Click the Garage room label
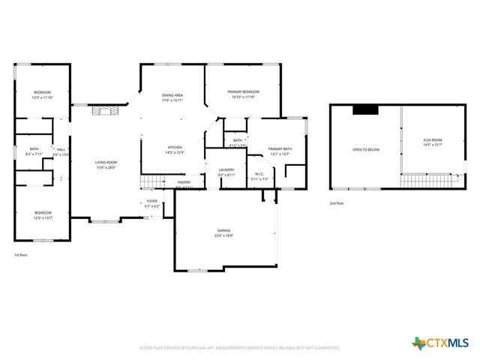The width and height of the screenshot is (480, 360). click(225, 233)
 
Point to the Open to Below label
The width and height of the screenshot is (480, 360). click(366, 150)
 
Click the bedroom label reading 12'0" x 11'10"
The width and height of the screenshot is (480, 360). click(42, 94)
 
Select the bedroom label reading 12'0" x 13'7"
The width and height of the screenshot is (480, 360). click(42, 214)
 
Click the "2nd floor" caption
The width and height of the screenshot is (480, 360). click(337, 203)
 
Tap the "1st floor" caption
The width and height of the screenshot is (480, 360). click(21, 255)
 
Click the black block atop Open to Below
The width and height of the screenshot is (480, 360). click(366, 110)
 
